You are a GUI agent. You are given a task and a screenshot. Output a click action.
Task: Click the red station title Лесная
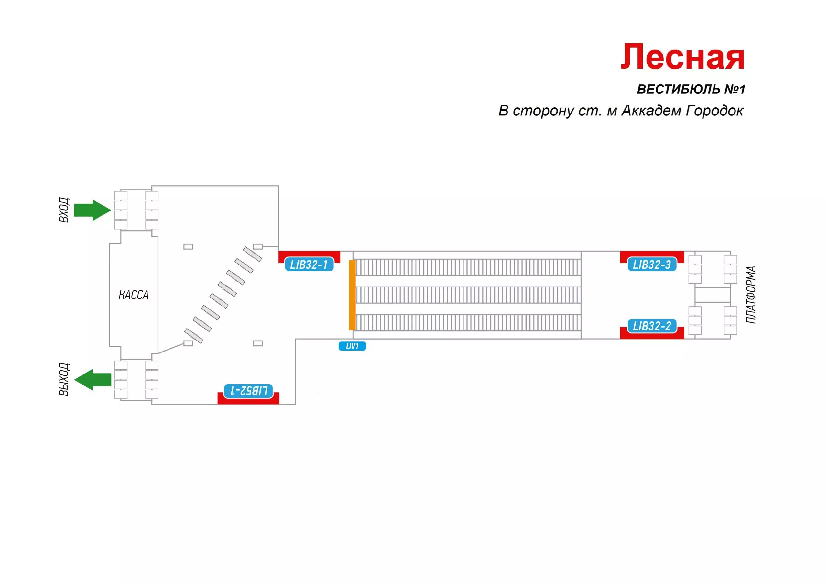(x=682, y=57)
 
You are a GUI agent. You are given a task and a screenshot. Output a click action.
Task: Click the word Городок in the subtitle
(x=714, y=111)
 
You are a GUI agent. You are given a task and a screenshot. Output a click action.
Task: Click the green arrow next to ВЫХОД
(x=93, y=379)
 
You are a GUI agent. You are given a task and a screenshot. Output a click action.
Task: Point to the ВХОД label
(x=64, y=210)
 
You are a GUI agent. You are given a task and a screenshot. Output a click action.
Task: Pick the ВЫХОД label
(x=64, y=379)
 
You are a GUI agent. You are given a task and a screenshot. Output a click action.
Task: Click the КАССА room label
(x=134, y=295)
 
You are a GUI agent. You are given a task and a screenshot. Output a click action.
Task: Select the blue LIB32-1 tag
(x=309, y=265)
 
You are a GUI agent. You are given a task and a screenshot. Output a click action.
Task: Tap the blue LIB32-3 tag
(x=652, y=265)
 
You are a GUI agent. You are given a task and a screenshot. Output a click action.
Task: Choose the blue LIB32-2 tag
(x=652, y=326)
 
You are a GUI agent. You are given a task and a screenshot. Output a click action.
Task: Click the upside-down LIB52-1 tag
(x=248, y=391)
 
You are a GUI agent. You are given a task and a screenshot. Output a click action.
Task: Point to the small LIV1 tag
(x=352, y=346)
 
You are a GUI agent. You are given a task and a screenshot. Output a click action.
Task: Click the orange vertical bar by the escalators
(x=352, y=295)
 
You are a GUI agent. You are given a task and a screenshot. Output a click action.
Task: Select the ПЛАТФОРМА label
(x=751, y=295)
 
